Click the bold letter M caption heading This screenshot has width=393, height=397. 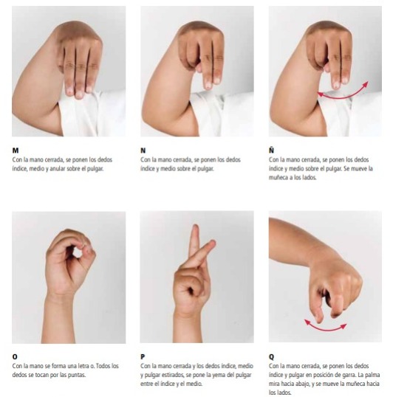tap(16, 151)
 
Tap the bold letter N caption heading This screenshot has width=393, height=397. tap(143, 151)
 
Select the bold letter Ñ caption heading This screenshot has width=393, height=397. tap(271, 150)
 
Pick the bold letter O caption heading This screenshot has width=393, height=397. tap(15, 356)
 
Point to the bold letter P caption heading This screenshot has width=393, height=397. tap(143, 356)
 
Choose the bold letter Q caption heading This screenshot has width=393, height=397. tap(271, 357)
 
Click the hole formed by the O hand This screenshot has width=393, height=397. tap(76, 252)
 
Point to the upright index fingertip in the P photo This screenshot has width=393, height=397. tap(195, 227)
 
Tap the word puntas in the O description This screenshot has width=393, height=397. tap(77, 375)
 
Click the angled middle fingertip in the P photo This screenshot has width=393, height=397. tap(212, 243)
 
